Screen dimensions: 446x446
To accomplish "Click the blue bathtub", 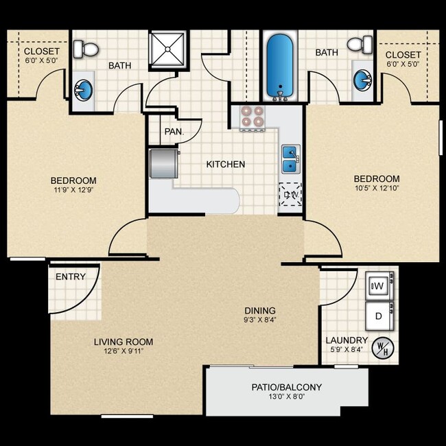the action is coord(280,67).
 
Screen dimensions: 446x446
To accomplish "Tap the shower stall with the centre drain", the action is coord(167,49).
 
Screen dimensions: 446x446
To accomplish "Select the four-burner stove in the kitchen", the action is coord(253,118).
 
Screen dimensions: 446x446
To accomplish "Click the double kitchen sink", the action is coord(291,159).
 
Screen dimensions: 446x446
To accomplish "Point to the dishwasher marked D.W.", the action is coord(290,194).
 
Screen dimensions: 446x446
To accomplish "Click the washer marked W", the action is coord(379,285).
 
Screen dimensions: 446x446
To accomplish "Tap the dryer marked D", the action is coord(379,316).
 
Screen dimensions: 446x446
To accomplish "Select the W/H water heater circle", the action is coord(383,348).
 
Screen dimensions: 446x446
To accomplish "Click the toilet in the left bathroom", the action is coord(86,49).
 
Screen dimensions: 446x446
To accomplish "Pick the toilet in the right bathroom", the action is coord(360,44).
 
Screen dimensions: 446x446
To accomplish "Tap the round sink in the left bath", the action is coord(83,90).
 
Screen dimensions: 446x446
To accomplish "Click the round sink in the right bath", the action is coord(363,80).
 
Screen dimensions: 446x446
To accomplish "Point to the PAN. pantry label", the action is coord(174,132).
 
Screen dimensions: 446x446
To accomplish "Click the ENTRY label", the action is coord(71,277).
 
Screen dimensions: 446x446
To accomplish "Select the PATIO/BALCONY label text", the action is coord(287,387).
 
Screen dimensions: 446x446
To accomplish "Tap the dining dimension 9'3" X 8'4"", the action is coord(260,320).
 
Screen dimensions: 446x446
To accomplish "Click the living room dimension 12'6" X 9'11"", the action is coord(124,351).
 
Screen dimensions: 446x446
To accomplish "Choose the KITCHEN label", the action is coord(226,164).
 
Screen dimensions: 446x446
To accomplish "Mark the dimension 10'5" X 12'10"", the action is coord(377,188).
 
